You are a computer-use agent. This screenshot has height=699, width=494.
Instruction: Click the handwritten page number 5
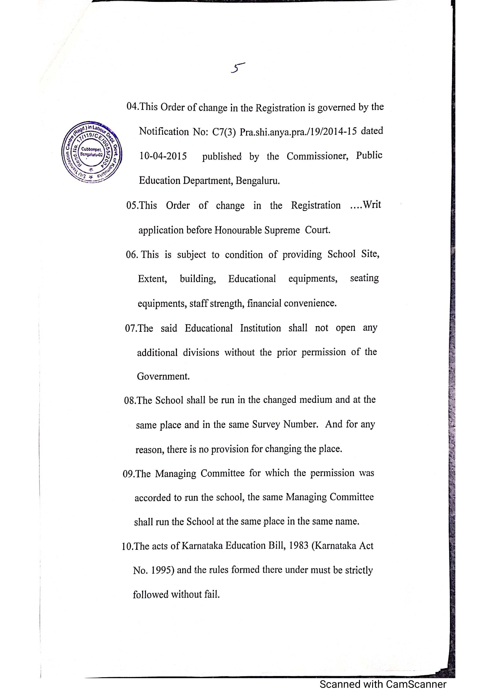(237, 67)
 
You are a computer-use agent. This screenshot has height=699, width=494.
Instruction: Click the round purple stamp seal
(91, 151)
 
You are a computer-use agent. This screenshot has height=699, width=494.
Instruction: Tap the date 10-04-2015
(163, 156)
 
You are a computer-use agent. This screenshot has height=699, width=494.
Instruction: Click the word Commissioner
(317, 156)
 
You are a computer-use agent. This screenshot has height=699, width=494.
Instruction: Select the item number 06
(131, 254)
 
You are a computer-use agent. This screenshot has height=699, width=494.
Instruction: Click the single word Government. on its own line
(163, 376)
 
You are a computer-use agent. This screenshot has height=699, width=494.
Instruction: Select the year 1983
(298, 545)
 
